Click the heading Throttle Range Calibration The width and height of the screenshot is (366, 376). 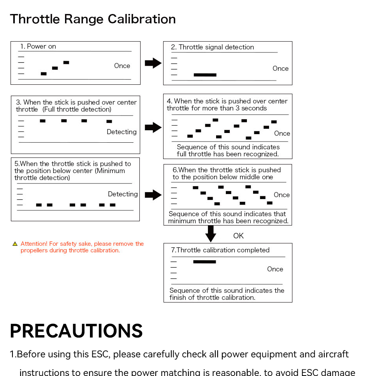pos(93,19)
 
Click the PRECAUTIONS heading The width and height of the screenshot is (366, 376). pos(76,331)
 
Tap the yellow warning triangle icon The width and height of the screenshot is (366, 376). pos(15,244)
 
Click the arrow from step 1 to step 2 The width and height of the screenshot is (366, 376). pos(153,63)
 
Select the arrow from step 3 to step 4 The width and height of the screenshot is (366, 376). pos(153,127)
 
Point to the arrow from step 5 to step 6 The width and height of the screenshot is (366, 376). pos(153,195)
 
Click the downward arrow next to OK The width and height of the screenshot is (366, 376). pos(211,233)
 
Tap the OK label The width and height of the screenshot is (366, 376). pos(238,236)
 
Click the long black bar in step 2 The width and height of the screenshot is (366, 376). pos(205,75)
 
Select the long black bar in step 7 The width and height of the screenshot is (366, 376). pos(204,262)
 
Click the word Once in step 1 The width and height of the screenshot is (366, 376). pos(122,66)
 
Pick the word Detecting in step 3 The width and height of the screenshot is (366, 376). pos(121,132)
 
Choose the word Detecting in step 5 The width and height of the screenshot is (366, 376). pos(123,194)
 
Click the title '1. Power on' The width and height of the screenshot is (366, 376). pos(38,46)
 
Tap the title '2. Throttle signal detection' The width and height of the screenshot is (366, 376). pos(212,47)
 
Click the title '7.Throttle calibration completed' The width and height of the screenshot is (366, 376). pos(220,250)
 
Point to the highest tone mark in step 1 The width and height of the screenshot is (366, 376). pos(66,62)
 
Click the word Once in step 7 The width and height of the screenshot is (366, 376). pos(275,269)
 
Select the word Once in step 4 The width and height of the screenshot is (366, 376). pos(282,133)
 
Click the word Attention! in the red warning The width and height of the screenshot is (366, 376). pos(34,244)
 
